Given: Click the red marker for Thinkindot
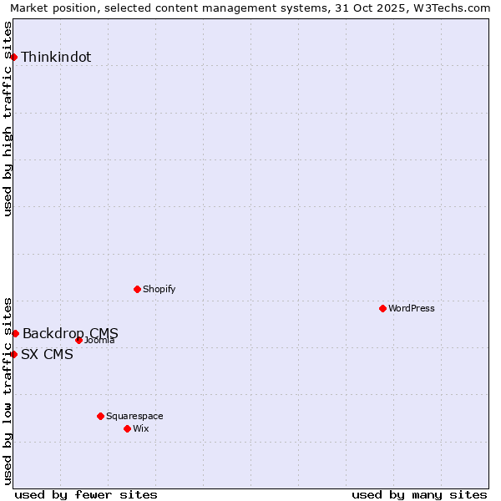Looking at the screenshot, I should pos(13,57).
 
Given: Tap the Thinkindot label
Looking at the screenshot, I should pos(56,58).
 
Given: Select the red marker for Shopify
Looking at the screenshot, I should pos(137,289).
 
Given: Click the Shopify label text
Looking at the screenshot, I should pos(159,290).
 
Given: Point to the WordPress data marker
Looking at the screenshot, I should pos(382,308).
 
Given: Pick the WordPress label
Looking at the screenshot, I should pos(412,309).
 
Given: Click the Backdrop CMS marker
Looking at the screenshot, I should pos(15,333).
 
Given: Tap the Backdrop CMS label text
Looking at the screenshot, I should pos(70,334).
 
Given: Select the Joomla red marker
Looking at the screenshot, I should pos(78,340).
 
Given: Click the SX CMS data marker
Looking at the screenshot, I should pos(13,354).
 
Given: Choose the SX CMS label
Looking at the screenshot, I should pos(47,355).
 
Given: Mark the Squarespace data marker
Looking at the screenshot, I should pos(100,416).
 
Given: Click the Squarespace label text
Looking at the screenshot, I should pos(134,417).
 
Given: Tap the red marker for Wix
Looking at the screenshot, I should pos(127,428).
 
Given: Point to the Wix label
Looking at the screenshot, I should pos(141,429).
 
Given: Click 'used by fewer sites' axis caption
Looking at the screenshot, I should pos(86,494).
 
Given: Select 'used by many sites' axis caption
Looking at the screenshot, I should pos(419,494).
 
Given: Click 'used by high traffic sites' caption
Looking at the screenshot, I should pos(8,119).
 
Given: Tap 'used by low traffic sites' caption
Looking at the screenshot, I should pos(8,390).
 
